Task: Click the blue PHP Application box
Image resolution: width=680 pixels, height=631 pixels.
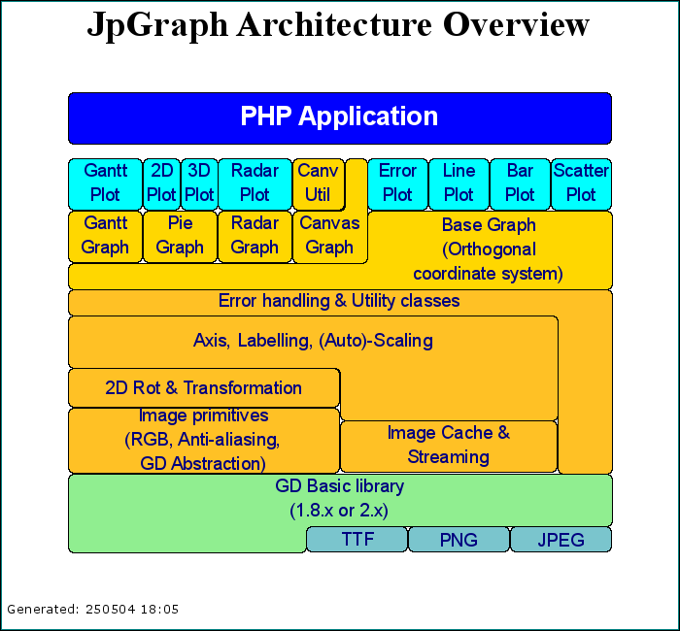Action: coord(340,117)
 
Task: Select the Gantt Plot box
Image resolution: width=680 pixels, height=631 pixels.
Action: coord(105,184)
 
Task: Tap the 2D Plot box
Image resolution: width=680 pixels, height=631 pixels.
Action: coord(162,184)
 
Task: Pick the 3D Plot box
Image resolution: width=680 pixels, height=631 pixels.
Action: coord(199,184)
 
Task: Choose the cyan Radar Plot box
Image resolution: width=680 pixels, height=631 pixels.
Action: coord(255,184)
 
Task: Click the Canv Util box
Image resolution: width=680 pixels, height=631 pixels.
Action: coord(319,184)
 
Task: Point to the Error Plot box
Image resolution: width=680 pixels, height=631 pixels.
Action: coord(397,184)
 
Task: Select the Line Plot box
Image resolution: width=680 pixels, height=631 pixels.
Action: coord(459,184)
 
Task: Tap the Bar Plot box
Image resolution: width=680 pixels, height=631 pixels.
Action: coord(520,184)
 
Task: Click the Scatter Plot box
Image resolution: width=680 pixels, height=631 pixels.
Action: coord(581,184)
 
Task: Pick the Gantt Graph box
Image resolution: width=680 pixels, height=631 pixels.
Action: coord(105,237)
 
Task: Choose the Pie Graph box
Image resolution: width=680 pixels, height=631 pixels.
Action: coord(180,237)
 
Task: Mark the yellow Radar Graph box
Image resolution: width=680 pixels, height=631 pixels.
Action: coord(255,237)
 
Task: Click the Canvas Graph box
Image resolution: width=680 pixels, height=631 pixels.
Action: coord(330,237)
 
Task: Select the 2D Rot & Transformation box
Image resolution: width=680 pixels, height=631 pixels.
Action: coord(204,387)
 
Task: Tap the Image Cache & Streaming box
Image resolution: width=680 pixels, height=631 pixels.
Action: coord(449,446)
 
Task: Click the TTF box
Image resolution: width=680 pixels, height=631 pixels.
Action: coord(357,539)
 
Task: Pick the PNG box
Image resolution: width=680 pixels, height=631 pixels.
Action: coord(459,539)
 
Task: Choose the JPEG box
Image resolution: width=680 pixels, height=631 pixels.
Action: coord(561,539)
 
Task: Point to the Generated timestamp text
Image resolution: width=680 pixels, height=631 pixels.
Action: coord(93,610)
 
